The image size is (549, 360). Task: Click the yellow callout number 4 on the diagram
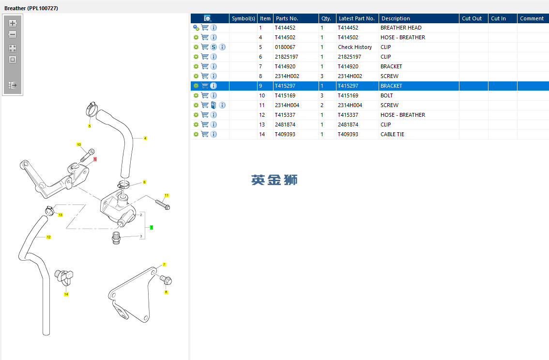(145, 138)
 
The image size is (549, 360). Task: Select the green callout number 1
(152, 227)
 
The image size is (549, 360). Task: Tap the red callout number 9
(95, 159)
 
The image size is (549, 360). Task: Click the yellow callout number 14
(66, 294)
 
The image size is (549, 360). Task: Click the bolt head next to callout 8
(168, 280)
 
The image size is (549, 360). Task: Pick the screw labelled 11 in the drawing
(162, 203)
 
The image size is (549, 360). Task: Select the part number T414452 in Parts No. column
(285, 28)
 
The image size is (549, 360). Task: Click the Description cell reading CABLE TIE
(392, 134)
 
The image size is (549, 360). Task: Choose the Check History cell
(355, 47)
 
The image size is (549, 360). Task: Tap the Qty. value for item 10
(322, 95)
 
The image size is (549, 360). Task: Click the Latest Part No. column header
(356, 18)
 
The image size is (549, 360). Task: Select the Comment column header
(532, 18)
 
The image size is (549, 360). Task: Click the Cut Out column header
(472, 18)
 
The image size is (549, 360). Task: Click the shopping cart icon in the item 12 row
(205, 115)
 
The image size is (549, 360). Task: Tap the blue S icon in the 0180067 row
(213, 47)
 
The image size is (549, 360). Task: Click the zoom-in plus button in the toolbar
(13, 23)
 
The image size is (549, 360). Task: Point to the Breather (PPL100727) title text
(31, 8)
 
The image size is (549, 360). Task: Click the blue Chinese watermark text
(274, 180)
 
